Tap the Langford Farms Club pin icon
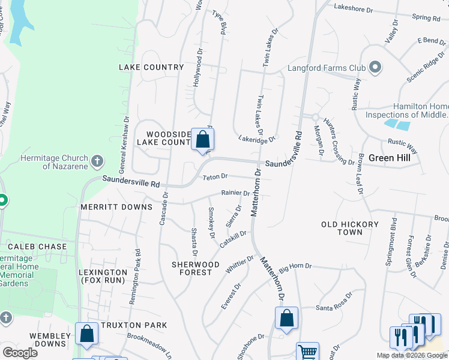click(x=376, y=67)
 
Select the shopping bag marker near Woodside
click(x=203, y=141)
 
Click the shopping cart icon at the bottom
click(x=307, y=352)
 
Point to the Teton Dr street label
click(x=215, y=177)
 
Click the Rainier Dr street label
click(x=235, y=193)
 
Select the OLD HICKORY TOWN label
click(x=350, y=228)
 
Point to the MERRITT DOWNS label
click(x=116, y=207)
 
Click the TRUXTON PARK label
click(x=134, y=325)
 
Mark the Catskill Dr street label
click(x=234, y=238)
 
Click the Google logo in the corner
click(x=20, y=353)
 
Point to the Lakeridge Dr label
click(x=255, y=139)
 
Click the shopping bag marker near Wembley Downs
click(x=86, y=334)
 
